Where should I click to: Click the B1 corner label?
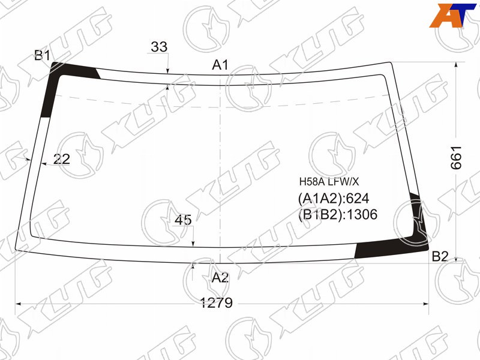(42, 56)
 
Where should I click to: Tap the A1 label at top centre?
(220, 65)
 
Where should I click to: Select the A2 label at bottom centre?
(220, 278)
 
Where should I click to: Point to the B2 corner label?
(440, 257)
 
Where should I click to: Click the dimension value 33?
(159, 47)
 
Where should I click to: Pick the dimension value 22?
(62, 159)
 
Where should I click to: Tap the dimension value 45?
(183, 220)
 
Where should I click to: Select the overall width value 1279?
(217, 303)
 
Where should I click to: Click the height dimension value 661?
(456, 158)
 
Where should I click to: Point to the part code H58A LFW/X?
(329, 182)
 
